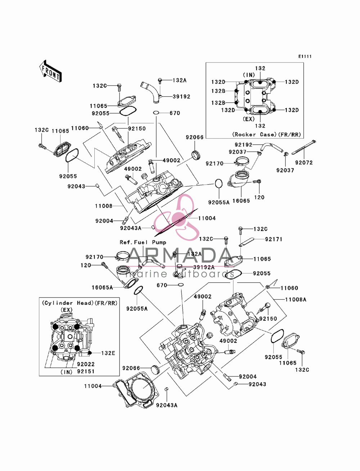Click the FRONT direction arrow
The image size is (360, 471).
coord(50,71)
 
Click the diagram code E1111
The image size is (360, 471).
coord(305,56)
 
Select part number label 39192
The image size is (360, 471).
coord(181,96)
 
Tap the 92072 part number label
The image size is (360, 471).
coord(304,163)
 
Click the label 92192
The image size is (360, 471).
coord(243,145)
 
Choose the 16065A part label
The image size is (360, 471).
coord(102,287)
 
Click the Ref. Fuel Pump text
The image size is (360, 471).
coord(143,243)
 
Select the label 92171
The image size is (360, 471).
coord(274,239)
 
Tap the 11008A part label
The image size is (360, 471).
coord(296,299)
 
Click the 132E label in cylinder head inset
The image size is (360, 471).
coord(108,353)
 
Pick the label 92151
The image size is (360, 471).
coord(86,371)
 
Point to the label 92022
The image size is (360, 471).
coord(86,364)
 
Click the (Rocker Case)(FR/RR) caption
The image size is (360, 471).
coord(266,135)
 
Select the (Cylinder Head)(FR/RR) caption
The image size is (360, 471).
coord(80,303)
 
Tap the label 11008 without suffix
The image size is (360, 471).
coord(104,206)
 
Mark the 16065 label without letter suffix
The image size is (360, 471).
coord(241,201)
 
